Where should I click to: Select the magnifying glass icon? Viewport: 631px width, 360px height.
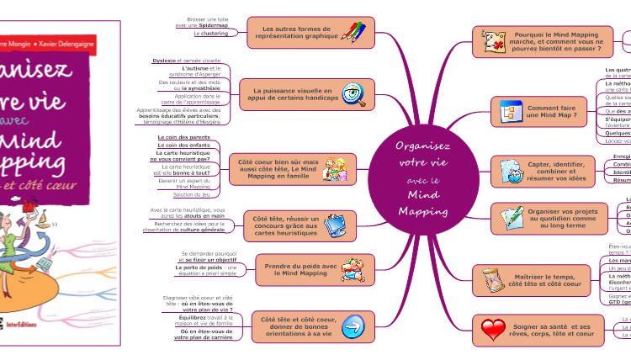[354, 93]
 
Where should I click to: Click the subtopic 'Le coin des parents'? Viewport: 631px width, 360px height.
[184, 136]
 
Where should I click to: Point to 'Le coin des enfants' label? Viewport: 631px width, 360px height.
[184, 146]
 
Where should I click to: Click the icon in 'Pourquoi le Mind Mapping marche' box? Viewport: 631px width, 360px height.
[492, 40]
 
